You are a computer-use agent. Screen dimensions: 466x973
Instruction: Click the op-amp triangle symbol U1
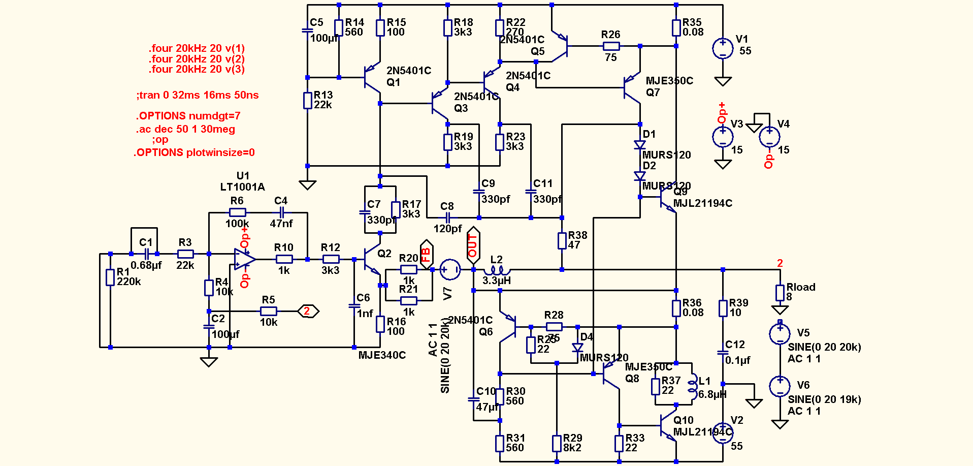coord(244,259)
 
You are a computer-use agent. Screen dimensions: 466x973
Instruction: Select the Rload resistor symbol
coord(780,293)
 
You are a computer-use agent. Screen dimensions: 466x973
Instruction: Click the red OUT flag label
coord(473,245)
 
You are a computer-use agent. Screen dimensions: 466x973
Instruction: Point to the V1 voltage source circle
coord(723,49)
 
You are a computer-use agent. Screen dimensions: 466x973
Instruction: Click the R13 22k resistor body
coord(308,101)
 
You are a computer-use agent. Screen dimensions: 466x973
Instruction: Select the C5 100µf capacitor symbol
coord(308,30)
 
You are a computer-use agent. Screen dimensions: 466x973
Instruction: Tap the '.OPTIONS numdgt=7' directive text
coord(188,116)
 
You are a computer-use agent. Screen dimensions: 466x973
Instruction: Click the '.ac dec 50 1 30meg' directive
coord(185,129)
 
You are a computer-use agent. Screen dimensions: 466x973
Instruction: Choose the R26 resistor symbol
coord(611,46)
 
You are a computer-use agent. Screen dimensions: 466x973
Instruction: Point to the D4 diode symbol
coord(577,348)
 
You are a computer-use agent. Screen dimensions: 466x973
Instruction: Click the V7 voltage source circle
coord(450,270)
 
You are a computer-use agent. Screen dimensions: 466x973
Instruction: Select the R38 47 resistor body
coord(562,241)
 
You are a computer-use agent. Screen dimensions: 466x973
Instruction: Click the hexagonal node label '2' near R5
coord(307,311)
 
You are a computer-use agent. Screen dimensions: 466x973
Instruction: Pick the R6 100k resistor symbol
coord(237,212)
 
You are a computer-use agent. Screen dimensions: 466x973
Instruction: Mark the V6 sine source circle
coord(780,386)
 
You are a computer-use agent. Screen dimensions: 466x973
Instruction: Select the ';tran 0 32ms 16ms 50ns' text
coord(198,95)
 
